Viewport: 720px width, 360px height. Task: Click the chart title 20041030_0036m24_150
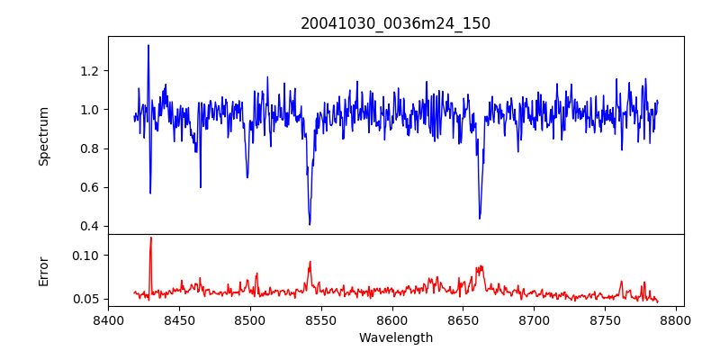click(395, 23)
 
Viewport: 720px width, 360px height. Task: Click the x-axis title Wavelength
click(395, 338)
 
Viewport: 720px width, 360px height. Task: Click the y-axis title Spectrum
click(43, 136)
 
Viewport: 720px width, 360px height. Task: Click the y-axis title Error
click(43, 271)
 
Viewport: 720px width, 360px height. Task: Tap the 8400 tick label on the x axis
click(108, 320)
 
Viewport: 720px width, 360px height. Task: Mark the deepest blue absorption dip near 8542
click(310, 224)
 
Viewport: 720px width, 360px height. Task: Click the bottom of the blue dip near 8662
click(480, 218)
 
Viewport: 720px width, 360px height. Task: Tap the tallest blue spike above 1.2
click(148, 45)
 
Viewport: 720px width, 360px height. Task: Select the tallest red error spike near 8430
click(150, 238)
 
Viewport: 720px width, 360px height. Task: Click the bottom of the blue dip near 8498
click(247, 176)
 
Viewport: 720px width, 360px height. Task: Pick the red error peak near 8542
click(310, 262)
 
